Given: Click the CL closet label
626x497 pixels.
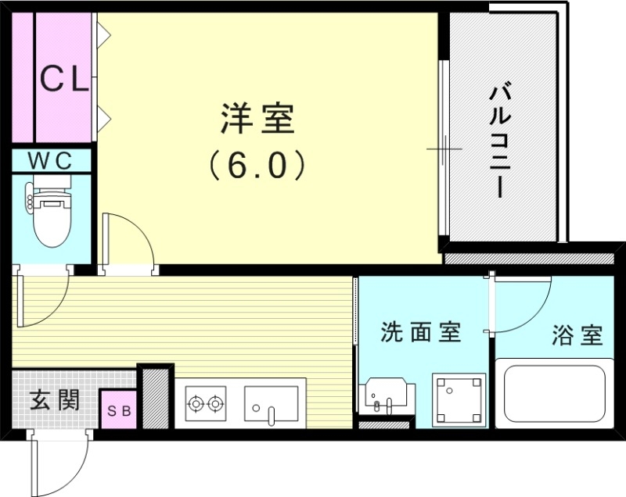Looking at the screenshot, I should click(64, 78).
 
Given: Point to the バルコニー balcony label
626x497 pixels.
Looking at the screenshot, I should click(501, 141).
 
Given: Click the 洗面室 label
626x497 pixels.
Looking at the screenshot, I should click(420, 332).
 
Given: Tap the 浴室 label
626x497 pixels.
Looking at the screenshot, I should click(577, 335).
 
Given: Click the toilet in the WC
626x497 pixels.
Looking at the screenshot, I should click(49, 215).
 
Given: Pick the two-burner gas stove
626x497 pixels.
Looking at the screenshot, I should click(205, 404).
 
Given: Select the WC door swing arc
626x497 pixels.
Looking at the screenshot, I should click(43, 301).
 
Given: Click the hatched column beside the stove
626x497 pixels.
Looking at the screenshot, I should click(155, 396).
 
